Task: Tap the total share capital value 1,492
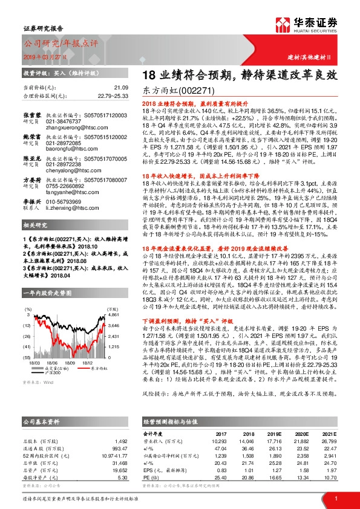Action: pos(120,424)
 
